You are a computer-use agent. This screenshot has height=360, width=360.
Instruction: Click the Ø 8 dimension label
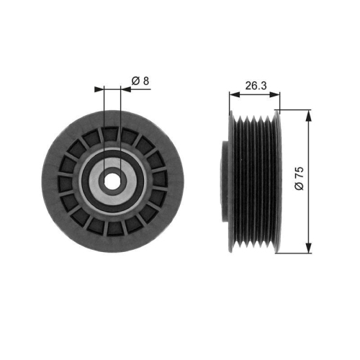point(140,81)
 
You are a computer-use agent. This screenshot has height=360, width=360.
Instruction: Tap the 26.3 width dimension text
point(254,85)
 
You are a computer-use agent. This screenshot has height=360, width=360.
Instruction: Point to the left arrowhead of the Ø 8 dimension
point(100,90)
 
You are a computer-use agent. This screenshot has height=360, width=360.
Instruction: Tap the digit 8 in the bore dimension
point(146,81)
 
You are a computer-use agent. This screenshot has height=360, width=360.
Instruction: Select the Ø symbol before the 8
point(135,81)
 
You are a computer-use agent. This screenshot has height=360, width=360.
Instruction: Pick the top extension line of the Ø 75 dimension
point(295,110)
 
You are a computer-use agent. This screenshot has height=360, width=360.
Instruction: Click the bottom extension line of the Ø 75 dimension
point(295,253)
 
